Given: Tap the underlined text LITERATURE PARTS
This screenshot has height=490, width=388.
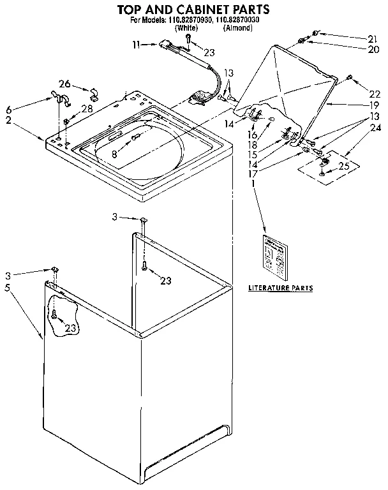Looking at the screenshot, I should pyautogui.click(x=280, y=288).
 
